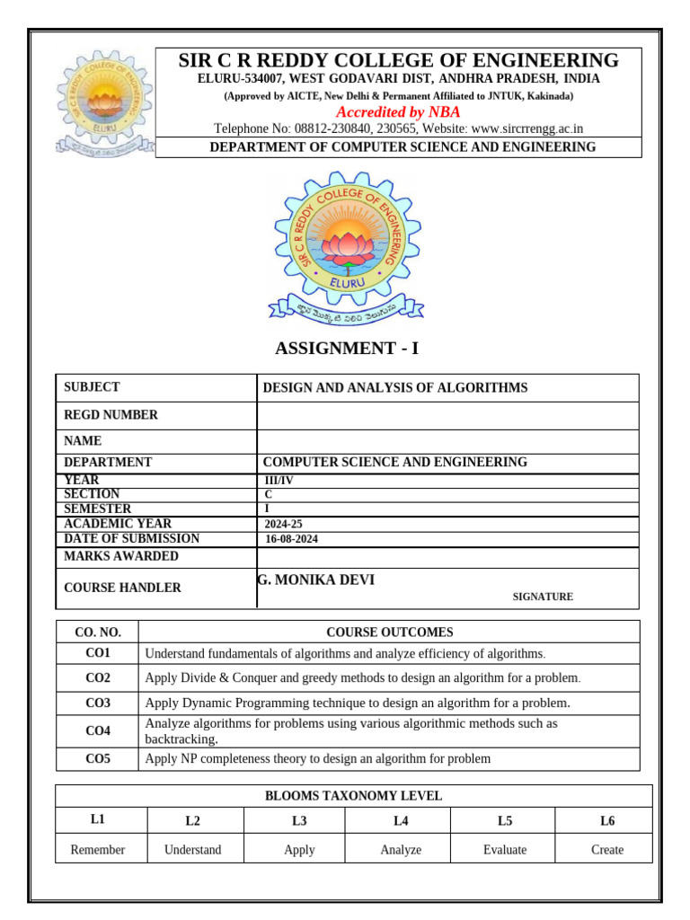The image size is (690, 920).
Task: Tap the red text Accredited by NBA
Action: point(398,112)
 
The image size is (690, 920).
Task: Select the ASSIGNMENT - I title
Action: point(344,349)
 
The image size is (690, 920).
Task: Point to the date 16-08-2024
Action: point(292,540)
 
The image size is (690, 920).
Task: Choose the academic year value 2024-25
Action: point(282,524)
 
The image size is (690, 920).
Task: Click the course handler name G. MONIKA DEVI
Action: point(316,580)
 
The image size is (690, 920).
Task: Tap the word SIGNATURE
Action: point(543,597)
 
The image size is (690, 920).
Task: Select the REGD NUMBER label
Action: point(111,415)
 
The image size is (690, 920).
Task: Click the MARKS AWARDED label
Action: point(121,556)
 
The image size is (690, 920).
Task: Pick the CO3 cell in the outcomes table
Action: point(98,703)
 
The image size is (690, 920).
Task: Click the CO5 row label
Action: point(98,759)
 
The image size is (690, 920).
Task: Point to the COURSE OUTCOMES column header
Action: point(390,632)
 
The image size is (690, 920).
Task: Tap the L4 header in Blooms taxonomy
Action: point(401,820)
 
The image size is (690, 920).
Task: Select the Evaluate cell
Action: point(505,850)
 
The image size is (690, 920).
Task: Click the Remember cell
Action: point(98,850)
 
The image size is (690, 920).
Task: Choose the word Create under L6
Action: point(607,850)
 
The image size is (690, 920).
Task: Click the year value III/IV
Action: point(278,481)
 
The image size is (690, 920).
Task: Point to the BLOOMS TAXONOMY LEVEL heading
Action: point(353,796)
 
